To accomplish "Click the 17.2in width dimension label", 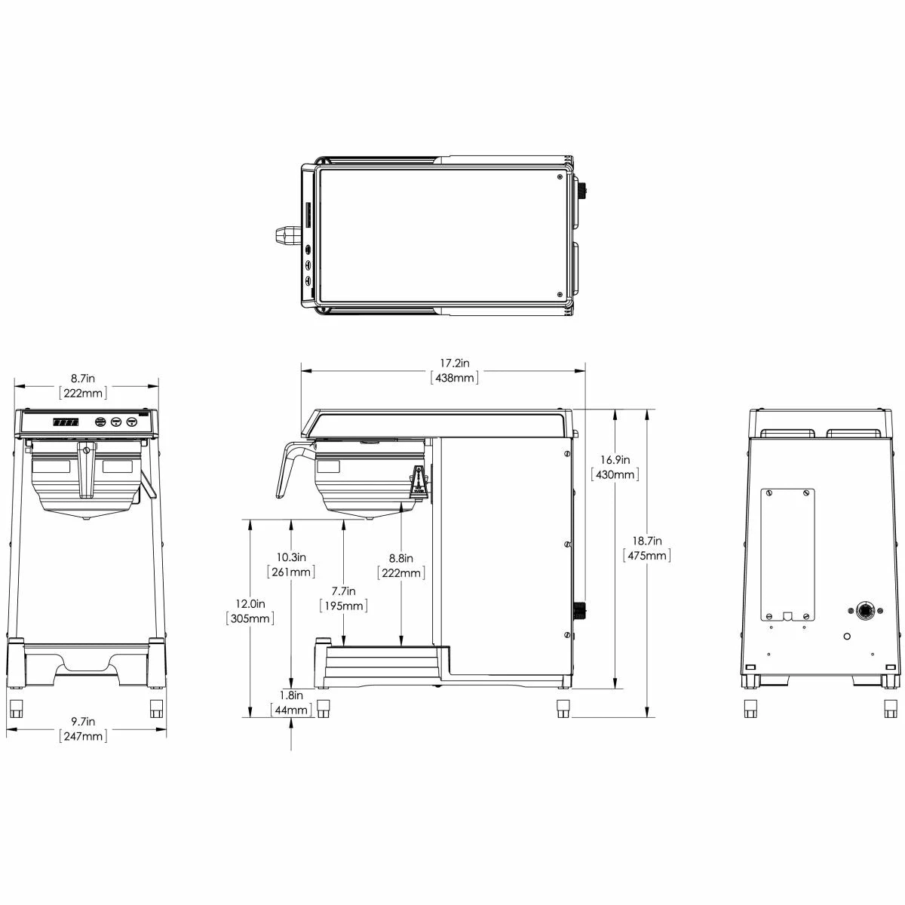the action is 454,363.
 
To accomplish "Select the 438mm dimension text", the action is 454,378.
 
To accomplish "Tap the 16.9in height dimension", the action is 615,460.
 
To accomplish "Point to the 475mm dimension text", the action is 646,556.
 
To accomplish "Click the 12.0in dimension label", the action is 250,603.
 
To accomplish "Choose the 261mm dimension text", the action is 290,572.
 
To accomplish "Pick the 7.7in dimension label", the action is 343,591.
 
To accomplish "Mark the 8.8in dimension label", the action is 400,558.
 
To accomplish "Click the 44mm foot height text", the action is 290,710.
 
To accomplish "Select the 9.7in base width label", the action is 83,721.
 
